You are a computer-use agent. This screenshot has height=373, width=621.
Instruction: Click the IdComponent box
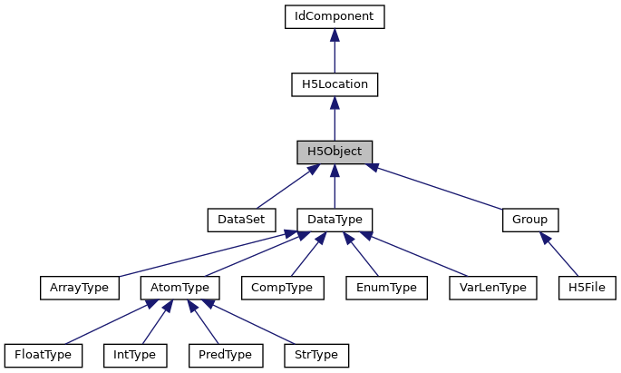click(x=335, y=16)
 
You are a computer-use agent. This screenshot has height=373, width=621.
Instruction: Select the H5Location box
click(x=335, y=84)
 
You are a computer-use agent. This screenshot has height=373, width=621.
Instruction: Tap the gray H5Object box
click(x=335, y=152)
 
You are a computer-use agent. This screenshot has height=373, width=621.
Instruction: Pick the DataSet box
click(x=234, y=220)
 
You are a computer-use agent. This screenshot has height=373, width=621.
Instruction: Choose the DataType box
click(x=335, y=220)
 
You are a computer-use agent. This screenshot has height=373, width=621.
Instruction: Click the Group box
click(x=530, y=220)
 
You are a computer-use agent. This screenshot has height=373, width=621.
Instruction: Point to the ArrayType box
click(x=80, y=288)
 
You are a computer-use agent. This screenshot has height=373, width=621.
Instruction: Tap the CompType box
click(x=282, y=288)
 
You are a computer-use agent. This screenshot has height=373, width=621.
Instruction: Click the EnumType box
click(x=387, y=288)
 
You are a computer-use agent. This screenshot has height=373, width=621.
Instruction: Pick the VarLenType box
click(x=494, y=288)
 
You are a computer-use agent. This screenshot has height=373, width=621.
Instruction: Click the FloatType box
click(x=43, y=355)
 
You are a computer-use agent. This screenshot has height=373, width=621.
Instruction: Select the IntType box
click(x=135, y=355)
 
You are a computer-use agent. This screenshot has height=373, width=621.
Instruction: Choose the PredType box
click(x=226, y=355)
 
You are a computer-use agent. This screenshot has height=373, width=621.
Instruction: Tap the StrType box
click(x=316, y=355)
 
